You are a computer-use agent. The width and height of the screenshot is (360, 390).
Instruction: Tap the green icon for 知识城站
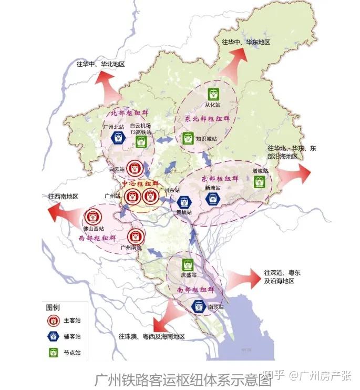(x=188, y=139)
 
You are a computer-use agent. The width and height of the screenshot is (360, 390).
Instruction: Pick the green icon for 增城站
(x=259, y=181)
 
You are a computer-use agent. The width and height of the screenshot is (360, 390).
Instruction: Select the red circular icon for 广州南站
(x=135, y=235)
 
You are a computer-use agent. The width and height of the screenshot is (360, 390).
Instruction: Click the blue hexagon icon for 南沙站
(x=199, y=305)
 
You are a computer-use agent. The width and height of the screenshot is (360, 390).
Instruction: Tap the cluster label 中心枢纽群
(x=140, y=183)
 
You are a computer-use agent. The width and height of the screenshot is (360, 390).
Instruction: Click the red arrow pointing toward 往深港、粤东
(x=241, y=276)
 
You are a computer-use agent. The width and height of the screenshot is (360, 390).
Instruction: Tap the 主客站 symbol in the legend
(x=53, y=320)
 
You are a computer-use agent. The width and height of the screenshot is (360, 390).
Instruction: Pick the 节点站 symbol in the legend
(x=53, y=353)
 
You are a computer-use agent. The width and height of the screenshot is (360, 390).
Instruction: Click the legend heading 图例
(x=53, y=306)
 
